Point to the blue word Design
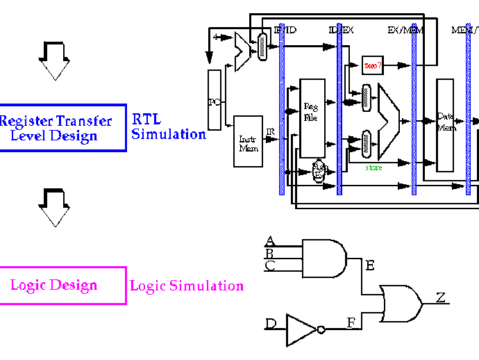74,136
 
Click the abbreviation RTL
146,120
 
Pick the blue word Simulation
169,134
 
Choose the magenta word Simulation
206,286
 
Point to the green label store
373,168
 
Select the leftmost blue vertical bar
282,109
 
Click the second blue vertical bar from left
339,109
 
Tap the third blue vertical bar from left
414,109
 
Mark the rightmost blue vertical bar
469,109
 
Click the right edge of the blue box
126,128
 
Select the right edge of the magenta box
126,286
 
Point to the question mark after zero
380,65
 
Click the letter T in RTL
146,120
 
